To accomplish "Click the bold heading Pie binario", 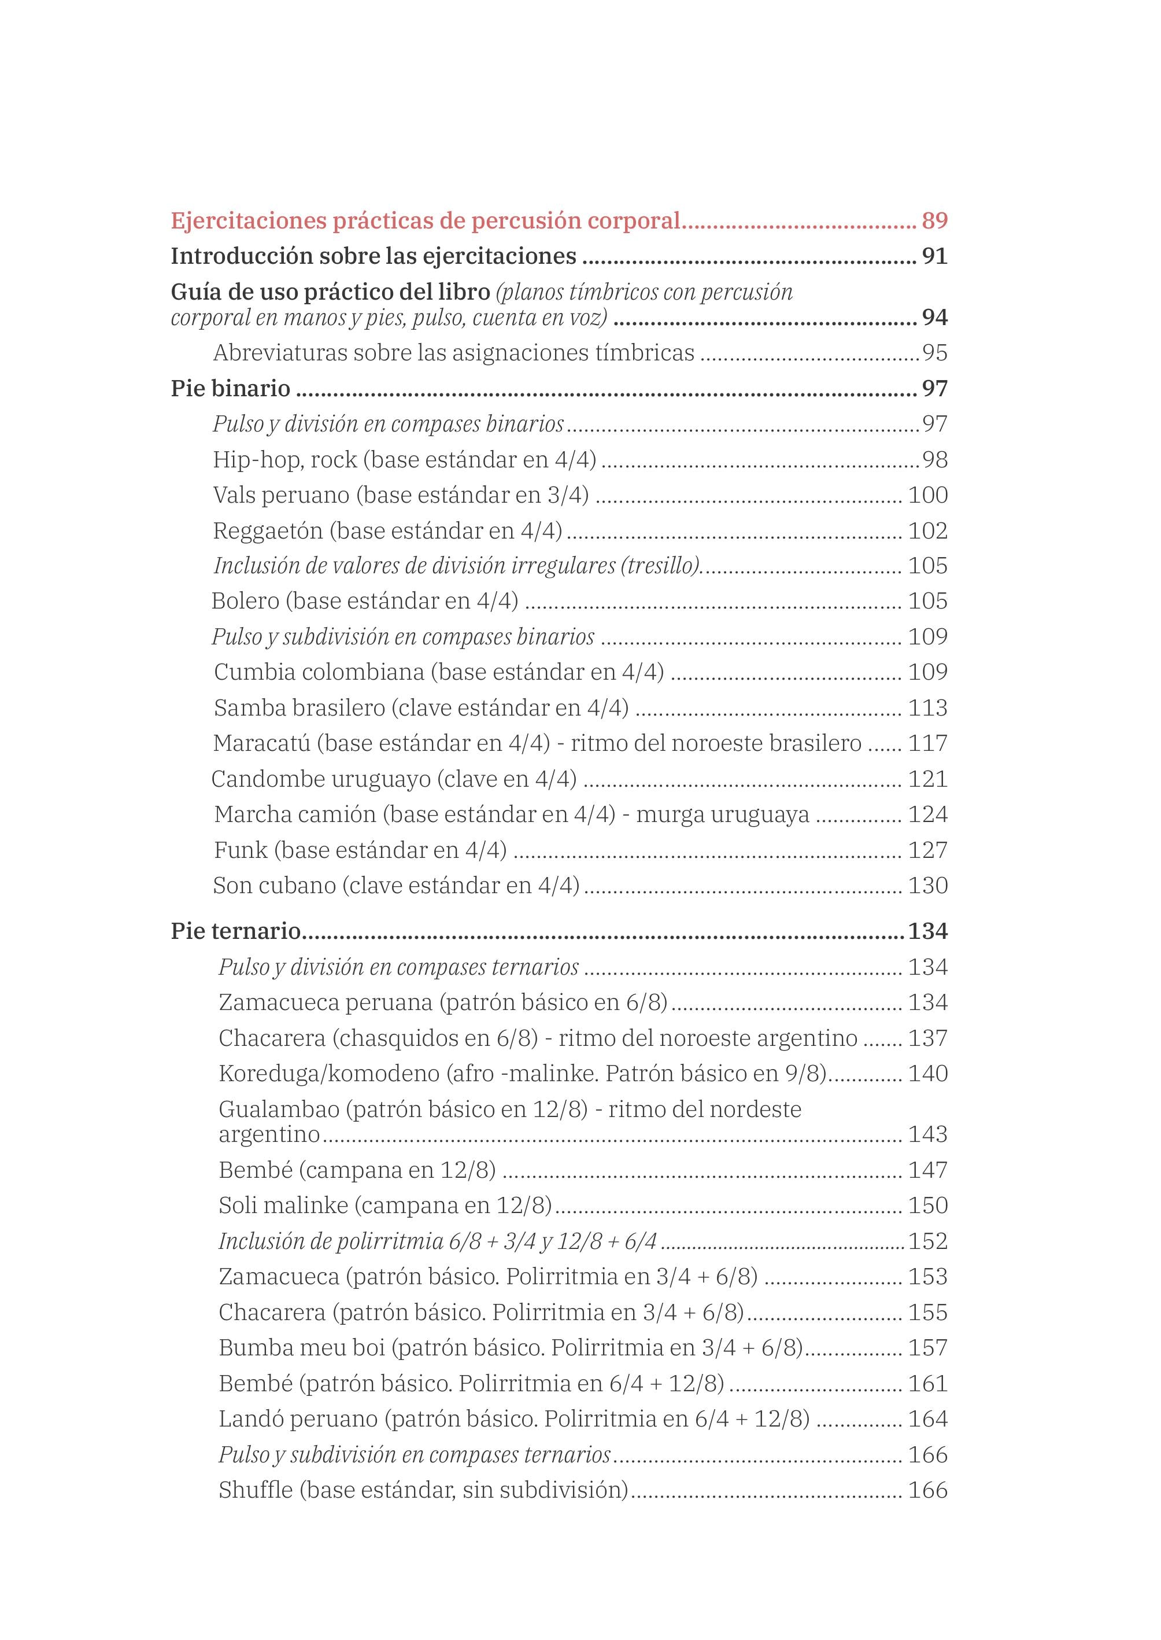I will click(x=230, y=388).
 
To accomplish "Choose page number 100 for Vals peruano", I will click(x=927, y=495).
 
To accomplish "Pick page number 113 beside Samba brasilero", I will click(x=927, y=707).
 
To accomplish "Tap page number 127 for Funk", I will click(x=927, y=850).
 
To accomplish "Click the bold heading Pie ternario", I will click(x=236, y=931).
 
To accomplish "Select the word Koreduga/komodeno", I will click(x=329, y=1074).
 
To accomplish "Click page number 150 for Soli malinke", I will click(x=927, y=1205).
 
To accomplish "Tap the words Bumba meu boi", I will click(x=302, y=1347).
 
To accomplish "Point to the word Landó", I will click(x=250, y=1419).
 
